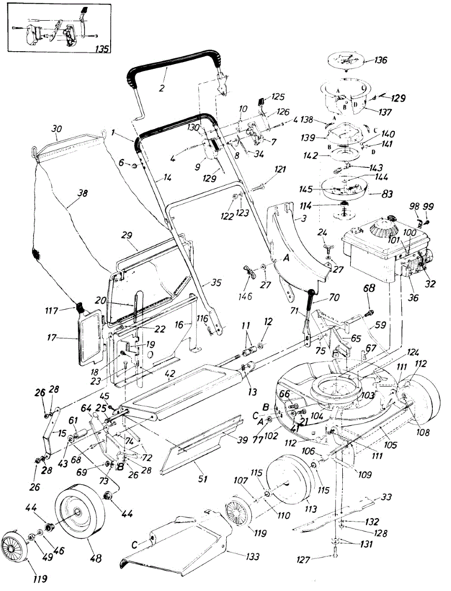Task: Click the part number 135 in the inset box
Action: [x=102, y=49]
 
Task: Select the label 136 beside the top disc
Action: [x=380, y=61]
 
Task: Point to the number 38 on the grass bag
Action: [x=83, y=194]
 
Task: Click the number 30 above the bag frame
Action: [x=58, y=127]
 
